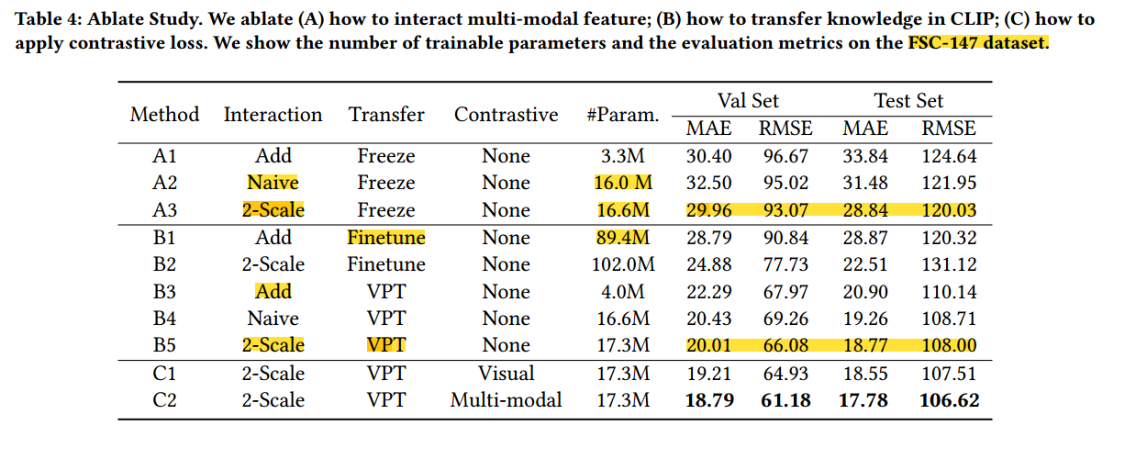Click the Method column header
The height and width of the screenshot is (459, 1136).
point(164,115)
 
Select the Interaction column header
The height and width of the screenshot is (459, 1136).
point(273,115)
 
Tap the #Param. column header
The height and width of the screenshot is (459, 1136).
point(622,115)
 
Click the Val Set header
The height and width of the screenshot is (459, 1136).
point(748,101)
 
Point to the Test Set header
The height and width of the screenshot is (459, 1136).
point(908,101)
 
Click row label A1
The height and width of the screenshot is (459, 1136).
point(164,156)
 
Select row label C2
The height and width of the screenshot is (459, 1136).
point(164,400)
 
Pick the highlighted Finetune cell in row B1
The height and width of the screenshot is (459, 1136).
point(386,238)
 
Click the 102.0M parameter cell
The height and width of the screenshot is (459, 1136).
point(622,264)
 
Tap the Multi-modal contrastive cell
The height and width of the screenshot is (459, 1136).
point(506,400)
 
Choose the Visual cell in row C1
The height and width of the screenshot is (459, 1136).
point(506,374)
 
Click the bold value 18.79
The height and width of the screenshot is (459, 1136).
point(709,400)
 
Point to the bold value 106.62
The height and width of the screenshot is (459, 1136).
point(949,400)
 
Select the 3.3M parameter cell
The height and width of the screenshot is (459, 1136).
point(622,156)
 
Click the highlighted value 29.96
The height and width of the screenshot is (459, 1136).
point(709,210)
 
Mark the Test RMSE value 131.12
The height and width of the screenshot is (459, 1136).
point(949,264)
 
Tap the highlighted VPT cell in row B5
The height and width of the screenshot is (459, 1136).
point(386,346)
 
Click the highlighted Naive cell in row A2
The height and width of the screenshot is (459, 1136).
point(273,183)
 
